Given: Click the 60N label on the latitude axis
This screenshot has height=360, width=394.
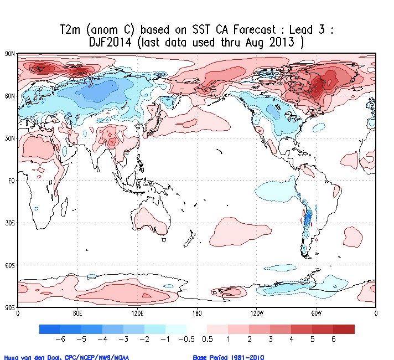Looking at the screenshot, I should click(9, 96).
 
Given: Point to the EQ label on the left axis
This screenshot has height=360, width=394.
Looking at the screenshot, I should click(10, 181).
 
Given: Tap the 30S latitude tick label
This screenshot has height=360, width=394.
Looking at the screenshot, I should click(9, 223).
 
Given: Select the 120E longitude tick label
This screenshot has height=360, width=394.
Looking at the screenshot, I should click(137, 313).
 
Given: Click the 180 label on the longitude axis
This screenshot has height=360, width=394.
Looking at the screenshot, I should click(197, 313).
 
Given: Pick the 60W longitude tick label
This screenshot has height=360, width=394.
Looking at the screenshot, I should click(316, 313).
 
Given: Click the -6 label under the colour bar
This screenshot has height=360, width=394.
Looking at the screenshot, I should click(62, 340).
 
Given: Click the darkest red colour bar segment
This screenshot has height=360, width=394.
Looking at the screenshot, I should click(344, 329).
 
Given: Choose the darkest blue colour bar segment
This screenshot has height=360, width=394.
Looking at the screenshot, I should click(50, 329).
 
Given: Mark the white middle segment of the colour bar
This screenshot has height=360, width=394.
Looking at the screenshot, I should click(197, 329).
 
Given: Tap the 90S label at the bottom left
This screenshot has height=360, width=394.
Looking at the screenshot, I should click(9, 307).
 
